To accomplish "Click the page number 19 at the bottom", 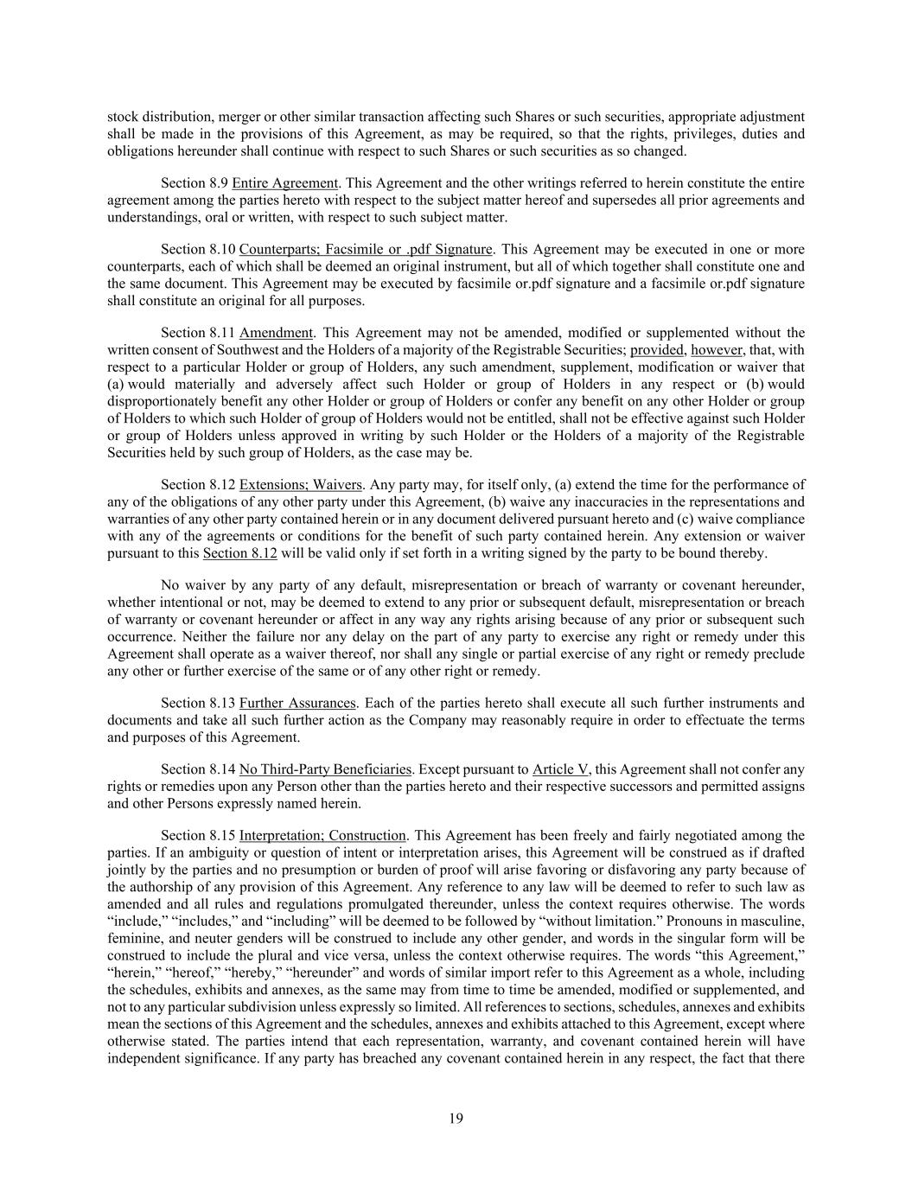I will pyautogui.click(x=456, y=1119).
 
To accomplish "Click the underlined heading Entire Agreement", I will pyautogui.click(x=284, y=183).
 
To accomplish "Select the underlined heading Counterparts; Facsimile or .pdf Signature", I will pyautogui.click(x=366, y=250).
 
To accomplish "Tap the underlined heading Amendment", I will pyautogui.click(x=276, y=333).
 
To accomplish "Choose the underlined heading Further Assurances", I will pyautogui.click(x=297, y=704).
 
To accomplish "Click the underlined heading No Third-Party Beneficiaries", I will pyautogui.click(x=325, y=769).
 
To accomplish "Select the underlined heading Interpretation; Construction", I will pyautogui.click(x=322, y=836).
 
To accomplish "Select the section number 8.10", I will pyautogui.click(x=222, y=250).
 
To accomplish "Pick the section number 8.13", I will pyautogui.click(x=222, y=704).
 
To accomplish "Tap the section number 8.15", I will pyautogui.click(x=222, y=836).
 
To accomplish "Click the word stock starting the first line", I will pyautogui.click(x=122, y=117).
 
